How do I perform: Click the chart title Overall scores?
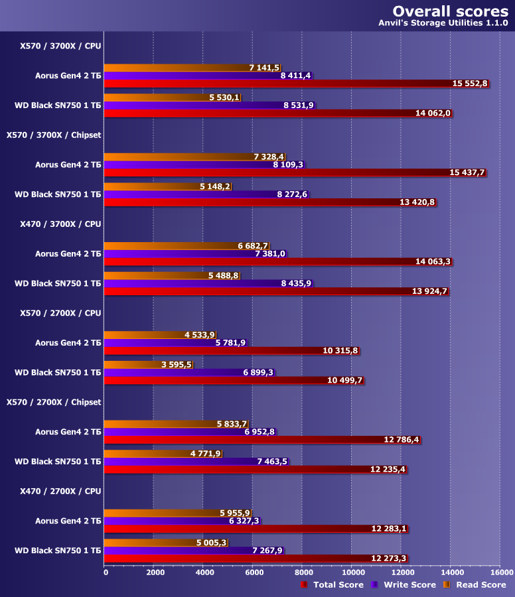tap(450, 11)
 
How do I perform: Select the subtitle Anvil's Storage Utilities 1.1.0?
tap(443, 23)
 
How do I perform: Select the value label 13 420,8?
tap(417, 202)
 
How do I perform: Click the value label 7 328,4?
tap(269, 157)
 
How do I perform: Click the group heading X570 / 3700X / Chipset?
tap(54, 135)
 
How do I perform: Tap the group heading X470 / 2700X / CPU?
tap(60, 491)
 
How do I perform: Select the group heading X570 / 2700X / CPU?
tap(60, 312)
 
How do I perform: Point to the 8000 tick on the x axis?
tap(303, 572)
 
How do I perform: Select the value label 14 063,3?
tap(433, 261)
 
